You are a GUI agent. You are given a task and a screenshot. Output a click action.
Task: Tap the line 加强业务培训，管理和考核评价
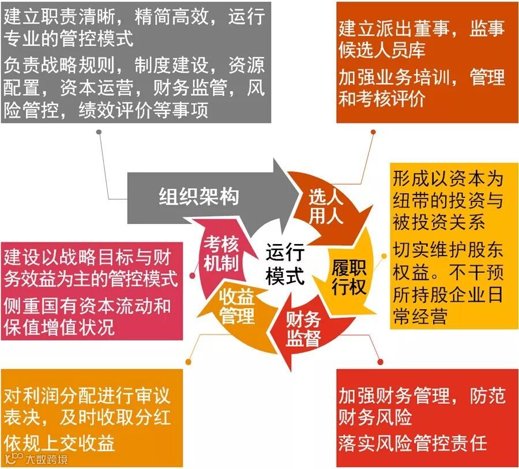(422, 87)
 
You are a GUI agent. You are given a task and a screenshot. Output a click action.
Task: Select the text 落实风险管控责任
(413, 442)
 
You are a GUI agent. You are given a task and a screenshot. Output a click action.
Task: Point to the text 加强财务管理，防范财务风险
(422, 406)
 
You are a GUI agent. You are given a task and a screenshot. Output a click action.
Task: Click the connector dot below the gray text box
(99, 132)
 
